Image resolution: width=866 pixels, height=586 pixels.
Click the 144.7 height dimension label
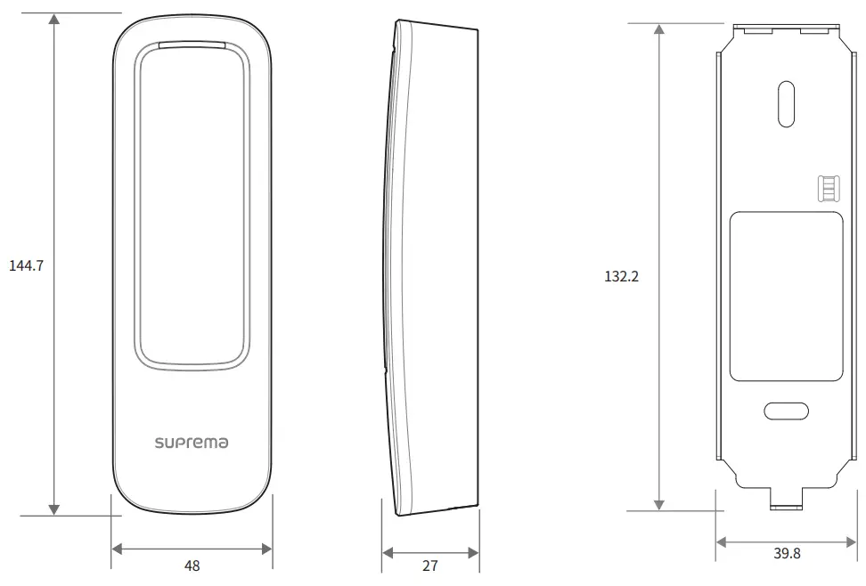pyautogui.click(x=26, y=265)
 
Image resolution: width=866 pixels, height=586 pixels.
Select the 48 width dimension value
pyautogui.click(x=192, y=566)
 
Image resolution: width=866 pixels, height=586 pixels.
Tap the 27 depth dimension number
pyautogui.click(x=430, y=566)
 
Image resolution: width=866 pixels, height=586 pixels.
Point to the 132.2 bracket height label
pyautogui.click(x=621, y=276)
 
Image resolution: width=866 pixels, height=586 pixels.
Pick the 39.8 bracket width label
pyautogui.click(x=787, y=554)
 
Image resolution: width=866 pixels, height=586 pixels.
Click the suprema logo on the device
pyautogui.click(x=191, y=442)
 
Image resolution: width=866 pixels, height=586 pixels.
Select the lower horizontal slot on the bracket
pyautogui.click(x=786, y=411)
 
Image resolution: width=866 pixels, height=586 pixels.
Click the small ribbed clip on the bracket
pyautogui.click(x=828, y=188)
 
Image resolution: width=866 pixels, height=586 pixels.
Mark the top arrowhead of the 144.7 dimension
pyautogui.click(x=55, y=20)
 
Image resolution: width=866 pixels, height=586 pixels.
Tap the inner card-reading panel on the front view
pyautogui.click(x=191, y=205)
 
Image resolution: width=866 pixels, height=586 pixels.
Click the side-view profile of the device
pyautogui.click(x=432, y=267)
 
